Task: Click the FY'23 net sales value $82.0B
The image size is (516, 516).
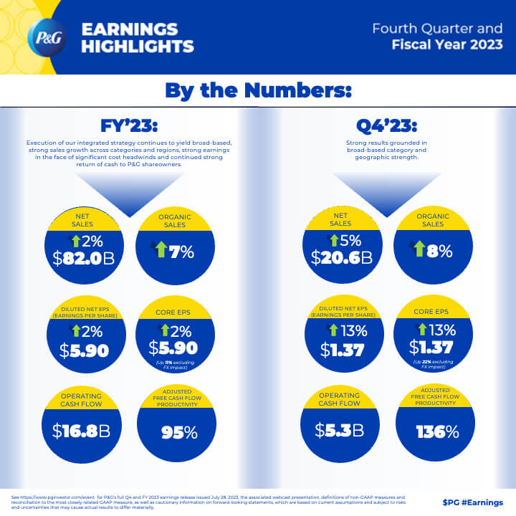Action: tap(85, 258)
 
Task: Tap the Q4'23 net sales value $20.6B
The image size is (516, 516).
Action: tap(342, 258)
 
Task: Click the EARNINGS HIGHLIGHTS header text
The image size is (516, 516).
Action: tap(138, 38)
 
